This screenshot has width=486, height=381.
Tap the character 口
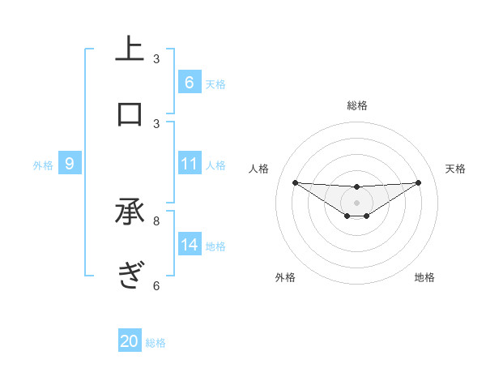click(x=130, y=113)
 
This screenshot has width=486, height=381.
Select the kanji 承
click(x=130, y=212)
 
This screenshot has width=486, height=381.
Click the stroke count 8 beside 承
click(x=156, y=220)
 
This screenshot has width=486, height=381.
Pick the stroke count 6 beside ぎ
click(x=156, y=285)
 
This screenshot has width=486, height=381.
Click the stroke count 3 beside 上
click(x=156, y=59)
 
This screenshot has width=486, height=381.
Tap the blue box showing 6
click(x=189, y=82)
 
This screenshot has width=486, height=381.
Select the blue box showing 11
click(x=189, y=164)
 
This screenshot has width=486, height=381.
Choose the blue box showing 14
click(x=189, y=245)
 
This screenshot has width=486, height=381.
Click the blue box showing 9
click(x=70, y=164)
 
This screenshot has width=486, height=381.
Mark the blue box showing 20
click(x=130, y=341)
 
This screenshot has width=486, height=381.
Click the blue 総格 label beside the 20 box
click(x=156, y=343)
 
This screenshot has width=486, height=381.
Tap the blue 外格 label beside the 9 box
click(x=43, y=165)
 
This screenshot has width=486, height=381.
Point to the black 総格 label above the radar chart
click(x=356, y=105)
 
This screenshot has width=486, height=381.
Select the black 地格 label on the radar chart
click(x=424, y=277)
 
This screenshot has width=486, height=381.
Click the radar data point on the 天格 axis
click(x=418, y=182)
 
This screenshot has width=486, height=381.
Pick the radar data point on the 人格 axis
click(x=295, y=182)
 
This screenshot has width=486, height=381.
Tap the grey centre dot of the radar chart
click(x=356, y=203)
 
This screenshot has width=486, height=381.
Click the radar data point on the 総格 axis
click(x=356, y=187)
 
